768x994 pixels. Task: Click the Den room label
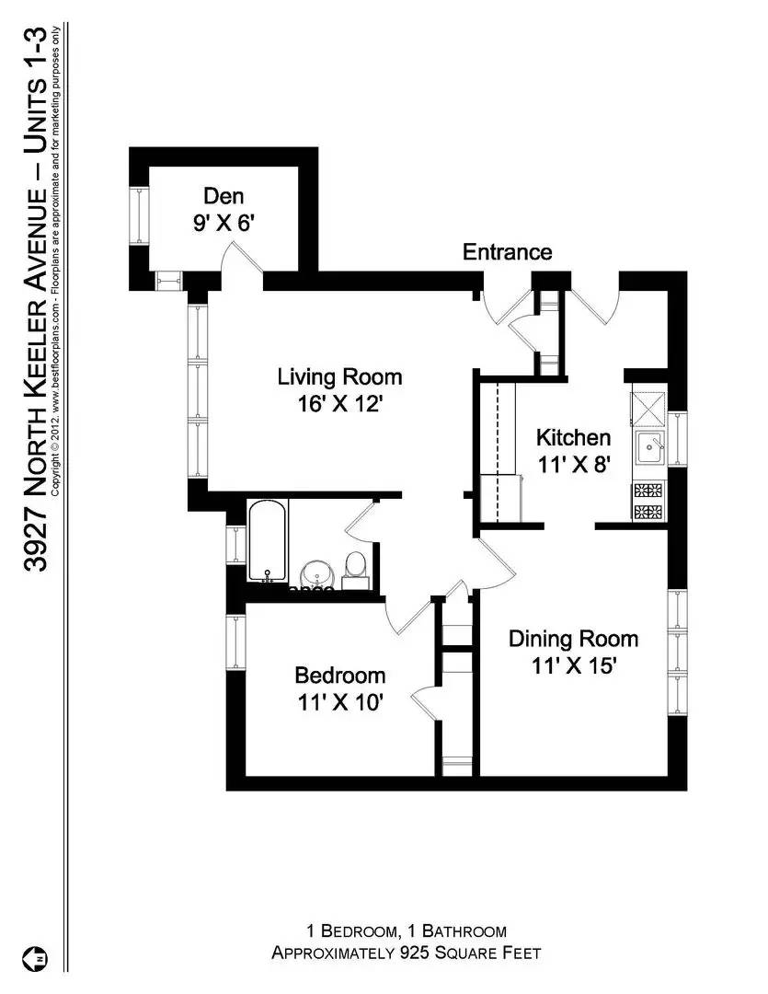click(223, 195)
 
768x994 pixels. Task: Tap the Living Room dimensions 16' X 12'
click(339, 404)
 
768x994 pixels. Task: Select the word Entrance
click(507, 252)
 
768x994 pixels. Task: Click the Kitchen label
click(573, 438)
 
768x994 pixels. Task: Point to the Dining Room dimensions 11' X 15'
click(573, 665)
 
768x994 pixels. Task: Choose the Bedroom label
click(339, 676)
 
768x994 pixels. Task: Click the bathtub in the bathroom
click(268, 541)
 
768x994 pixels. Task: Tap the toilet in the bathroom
click(355, 569)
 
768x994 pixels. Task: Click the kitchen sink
click(652, 448)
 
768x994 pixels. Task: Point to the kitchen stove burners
click(648, 502)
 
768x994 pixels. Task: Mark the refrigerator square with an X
click(648, 405)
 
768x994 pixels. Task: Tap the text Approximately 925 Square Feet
click(406, 953)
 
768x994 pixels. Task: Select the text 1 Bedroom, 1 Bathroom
click(406, 931)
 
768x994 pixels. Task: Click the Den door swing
click(241, 258)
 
